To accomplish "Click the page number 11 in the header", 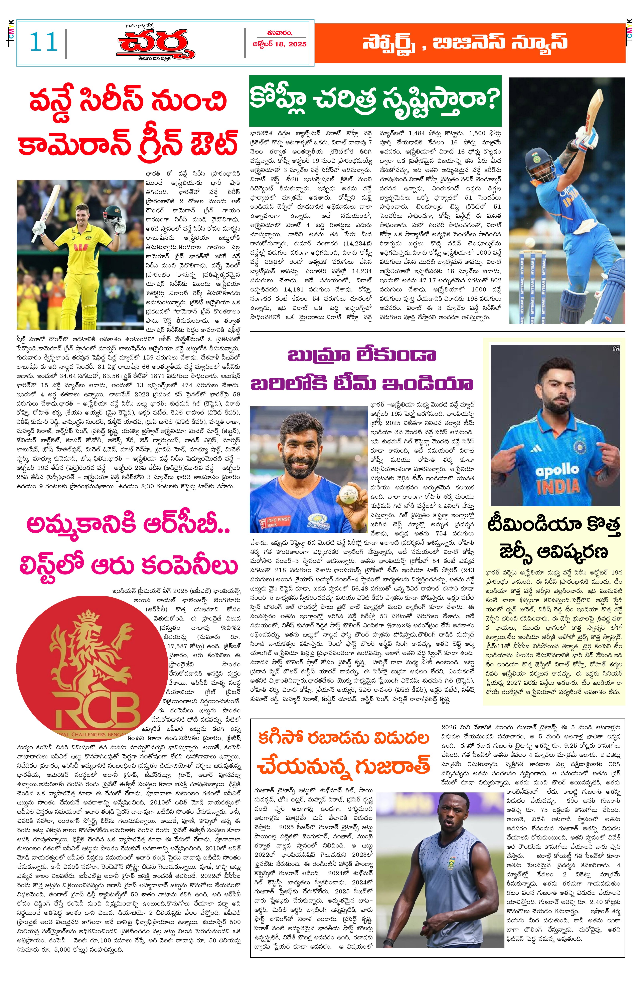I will pyautogui.click(x=43, y=42).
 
